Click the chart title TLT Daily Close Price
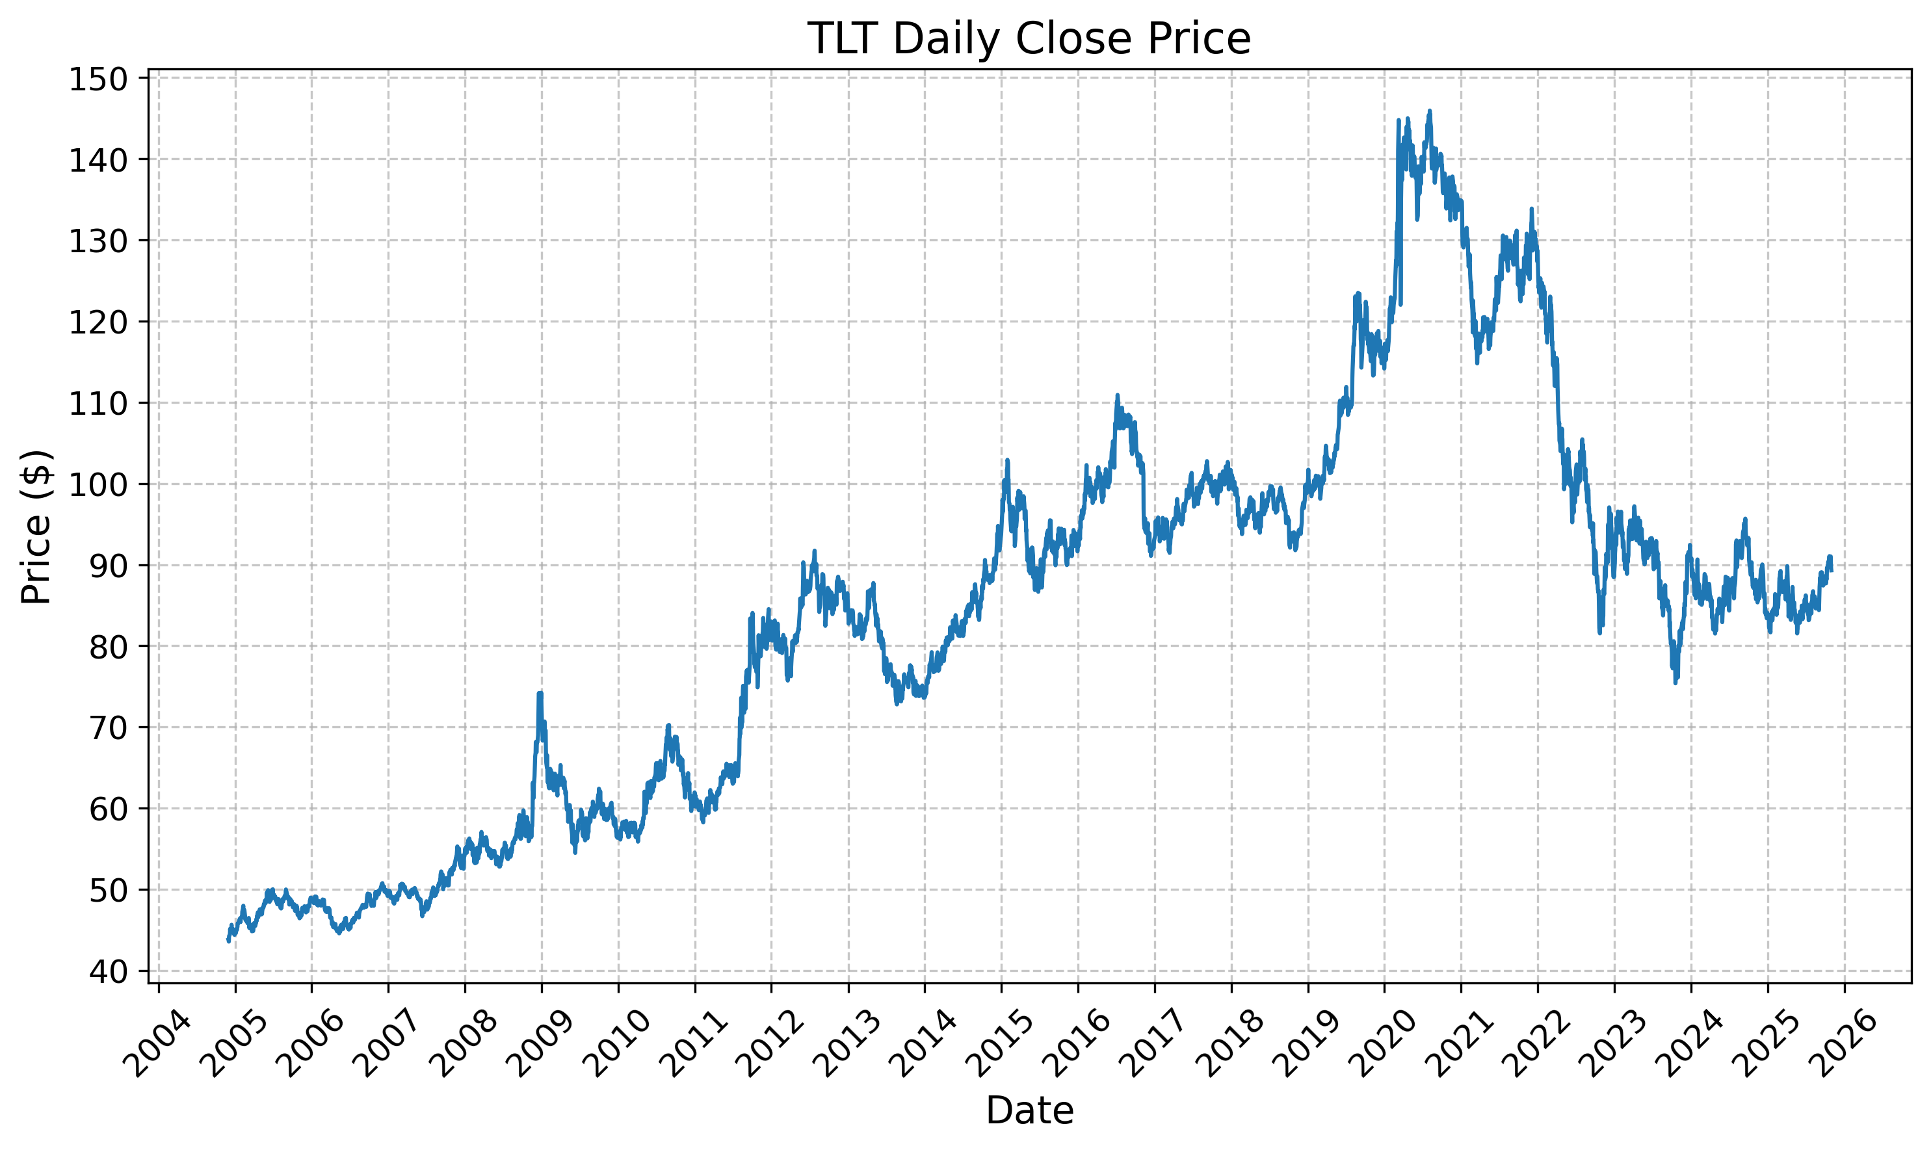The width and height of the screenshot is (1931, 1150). click(1029, 39)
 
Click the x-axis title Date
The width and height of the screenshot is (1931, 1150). click(1029, 1110)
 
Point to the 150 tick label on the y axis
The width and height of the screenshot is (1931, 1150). click(98, 79)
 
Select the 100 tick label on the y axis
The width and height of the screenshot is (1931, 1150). click(98, 485)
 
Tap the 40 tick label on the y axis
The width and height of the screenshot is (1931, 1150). click(107, 972)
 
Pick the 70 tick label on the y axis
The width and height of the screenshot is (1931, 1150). click(107, 729)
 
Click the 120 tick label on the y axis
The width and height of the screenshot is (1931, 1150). click(98, 322)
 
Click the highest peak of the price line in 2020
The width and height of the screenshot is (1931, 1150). click(1430, 111)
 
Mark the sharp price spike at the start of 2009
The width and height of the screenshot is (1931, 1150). click(540, 694)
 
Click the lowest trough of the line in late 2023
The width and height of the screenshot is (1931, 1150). click(1675, 682)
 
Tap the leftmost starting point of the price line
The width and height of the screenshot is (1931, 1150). click(228, 941)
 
